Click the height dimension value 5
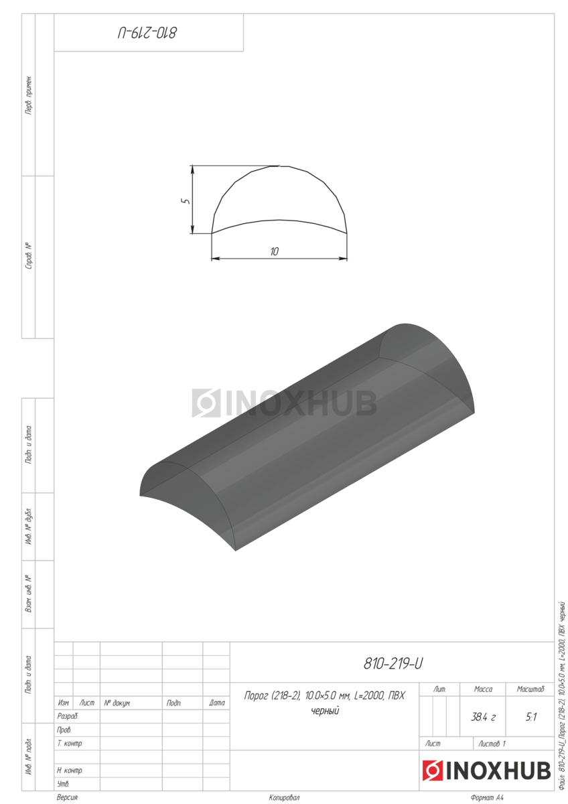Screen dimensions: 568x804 [x=186, y=200]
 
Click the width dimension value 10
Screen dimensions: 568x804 [x=274, y=251]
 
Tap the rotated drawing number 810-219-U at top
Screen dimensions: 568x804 [x=147, y=33]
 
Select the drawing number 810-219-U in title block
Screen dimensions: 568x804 [x=393, y=663]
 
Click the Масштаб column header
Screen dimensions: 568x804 [x=530, y=689]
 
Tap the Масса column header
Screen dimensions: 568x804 [x=483, y=689]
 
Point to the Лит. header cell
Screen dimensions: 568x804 [x=439, y=689]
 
